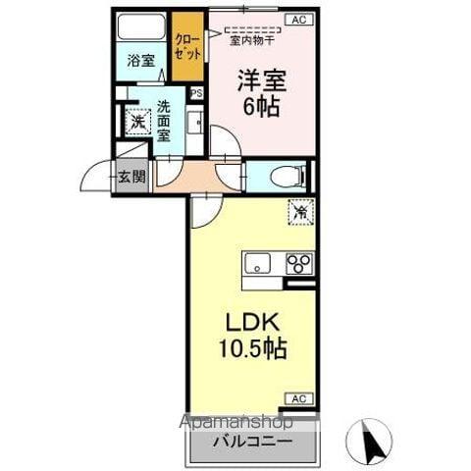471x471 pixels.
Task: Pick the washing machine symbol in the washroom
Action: pyautogui.click(x=136, y=122)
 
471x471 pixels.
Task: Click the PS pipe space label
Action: pyautogui.click(x=196, y=93)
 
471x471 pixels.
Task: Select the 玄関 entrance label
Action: pyautogui.click(x=132, y=178)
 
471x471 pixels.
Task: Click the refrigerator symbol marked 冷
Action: pyautogui.click(x=300, y=211)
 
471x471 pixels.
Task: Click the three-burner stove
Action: pyautogui.click(x=297, y=263)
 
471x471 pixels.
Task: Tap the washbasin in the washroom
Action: pyautogui.click(x=193, y=124)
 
